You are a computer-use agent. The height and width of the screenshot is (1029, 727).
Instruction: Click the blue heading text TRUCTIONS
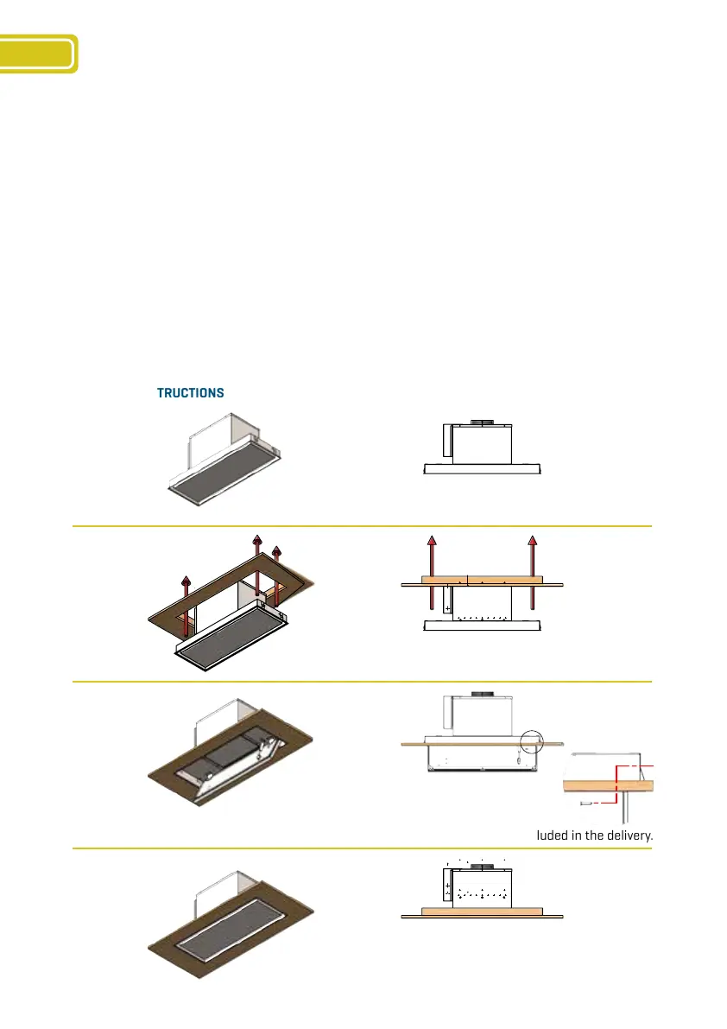click(190, 393)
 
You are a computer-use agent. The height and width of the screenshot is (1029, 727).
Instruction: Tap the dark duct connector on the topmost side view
click(482, 422)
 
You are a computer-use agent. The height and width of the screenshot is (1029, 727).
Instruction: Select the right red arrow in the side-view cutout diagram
click(533, 570)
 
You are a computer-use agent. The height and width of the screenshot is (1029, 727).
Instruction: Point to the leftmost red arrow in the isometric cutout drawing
click(186, 596)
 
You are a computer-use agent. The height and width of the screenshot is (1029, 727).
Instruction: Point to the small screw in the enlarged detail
click(586, 803)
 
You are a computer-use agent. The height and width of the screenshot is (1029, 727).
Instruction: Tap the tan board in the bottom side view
click(482, 911)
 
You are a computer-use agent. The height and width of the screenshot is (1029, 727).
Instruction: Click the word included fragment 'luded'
click(549, 835)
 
